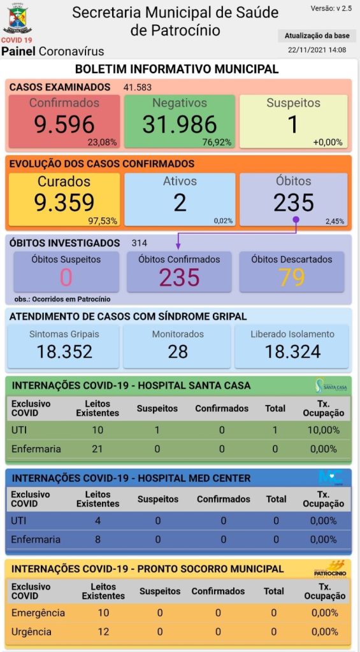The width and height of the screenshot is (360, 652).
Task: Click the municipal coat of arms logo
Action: click(17, 18)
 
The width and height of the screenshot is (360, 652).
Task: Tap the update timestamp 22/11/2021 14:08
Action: click(317, 50)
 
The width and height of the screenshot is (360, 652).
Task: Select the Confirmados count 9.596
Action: click(64, 124)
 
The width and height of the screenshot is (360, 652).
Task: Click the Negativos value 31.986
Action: click(180, 124)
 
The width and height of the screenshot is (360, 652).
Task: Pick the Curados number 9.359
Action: click(64, 202)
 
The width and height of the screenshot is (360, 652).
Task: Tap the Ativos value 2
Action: click(180, 202)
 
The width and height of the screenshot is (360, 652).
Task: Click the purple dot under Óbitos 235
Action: click(296, 218)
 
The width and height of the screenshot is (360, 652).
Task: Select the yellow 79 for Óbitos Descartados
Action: click(292, 278)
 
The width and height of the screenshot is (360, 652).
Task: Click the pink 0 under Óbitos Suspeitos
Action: click(66, 278)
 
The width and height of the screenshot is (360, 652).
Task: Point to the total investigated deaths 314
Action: click(139, 243)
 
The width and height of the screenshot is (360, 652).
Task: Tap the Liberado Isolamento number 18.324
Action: click(292, 351)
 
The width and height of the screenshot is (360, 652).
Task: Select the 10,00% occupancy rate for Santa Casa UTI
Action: click(324, 430)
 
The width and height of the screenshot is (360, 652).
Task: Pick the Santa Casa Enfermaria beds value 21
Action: click(97, 449)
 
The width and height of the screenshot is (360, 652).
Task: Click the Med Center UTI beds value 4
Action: click(97, 521)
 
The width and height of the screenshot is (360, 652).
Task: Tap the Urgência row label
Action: click(32, 632)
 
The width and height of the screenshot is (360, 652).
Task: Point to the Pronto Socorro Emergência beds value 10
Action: click(103, 613)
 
